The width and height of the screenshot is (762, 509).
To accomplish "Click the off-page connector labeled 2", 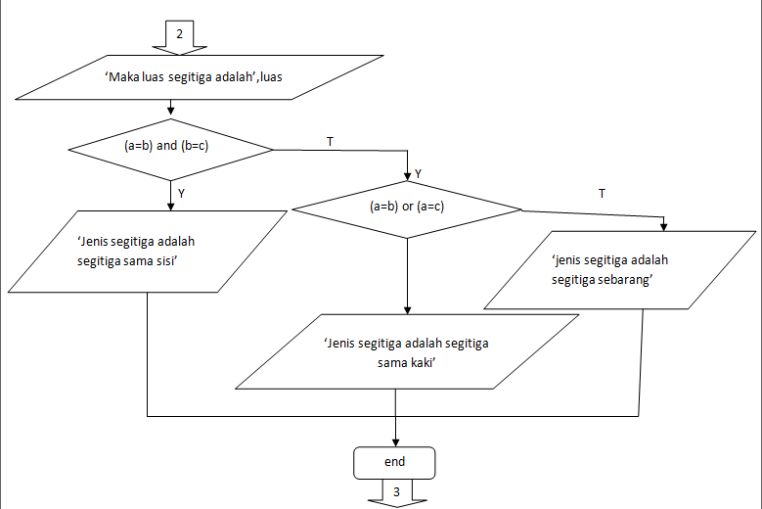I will tap(180, 33).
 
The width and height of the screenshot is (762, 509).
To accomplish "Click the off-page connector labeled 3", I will tap(396, 492).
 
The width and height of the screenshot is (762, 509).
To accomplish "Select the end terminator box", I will tap(395, 461).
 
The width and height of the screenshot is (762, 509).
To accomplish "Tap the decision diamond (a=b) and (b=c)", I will tap(171, 149).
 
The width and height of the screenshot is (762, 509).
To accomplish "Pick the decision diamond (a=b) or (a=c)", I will tap(407, 208).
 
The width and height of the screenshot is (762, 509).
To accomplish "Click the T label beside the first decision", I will tap(330, 142).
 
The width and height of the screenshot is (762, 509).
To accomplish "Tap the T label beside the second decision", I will tap(601, 194).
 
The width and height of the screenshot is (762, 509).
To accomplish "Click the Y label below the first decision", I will tap(182, 193).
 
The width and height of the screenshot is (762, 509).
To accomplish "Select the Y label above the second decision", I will tap(419, 173).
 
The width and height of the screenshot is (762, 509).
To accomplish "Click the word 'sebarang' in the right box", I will tap(626, 279).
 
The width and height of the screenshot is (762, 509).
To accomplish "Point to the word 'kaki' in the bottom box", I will tap(421, 361).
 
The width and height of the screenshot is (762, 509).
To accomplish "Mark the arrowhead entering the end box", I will tap(395, 441).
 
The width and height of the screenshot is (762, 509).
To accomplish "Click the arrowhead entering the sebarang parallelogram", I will tap(664, 227).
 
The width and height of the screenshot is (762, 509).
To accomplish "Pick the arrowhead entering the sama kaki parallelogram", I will tap(406, 309).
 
